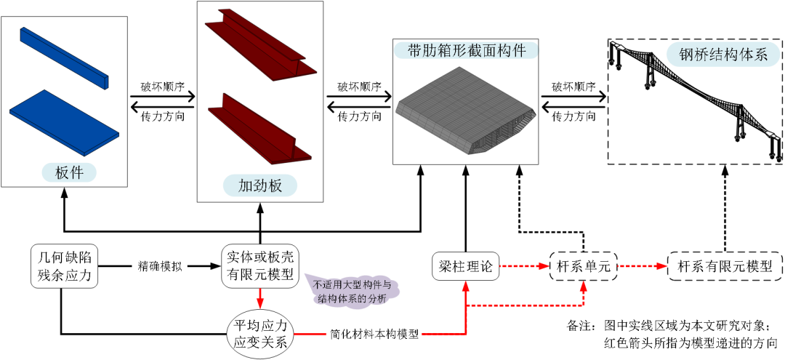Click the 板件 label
coord(69,172)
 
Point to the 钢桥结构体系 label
coord(723,55)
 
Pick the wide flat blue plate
coord(64,121)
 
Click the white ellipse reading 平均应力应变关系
coord(260,334)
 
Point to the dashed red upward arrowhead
coord(583,285)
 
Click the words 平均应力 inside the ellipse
coord(261,325)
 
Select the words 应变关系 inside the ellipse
coord(261,343)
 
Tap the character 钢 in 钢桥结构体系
coord(687,55)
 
